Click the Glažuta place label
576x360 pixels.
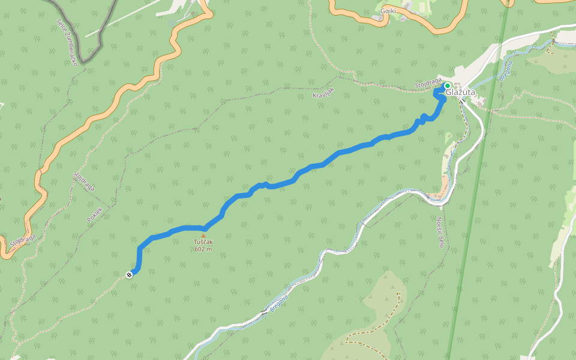coord(461,93)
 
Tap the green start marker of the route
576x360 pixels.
coord(447,86)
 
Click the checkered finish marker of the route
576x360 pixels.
coord(129,275)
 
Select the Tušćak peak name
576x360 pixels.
coord(203,242)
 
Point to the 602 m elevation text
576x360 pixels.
coord(203,250)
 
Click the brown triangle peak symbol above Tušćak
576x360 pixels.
coord(203,236)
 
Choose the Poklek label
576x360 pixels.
coord(95,215)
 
